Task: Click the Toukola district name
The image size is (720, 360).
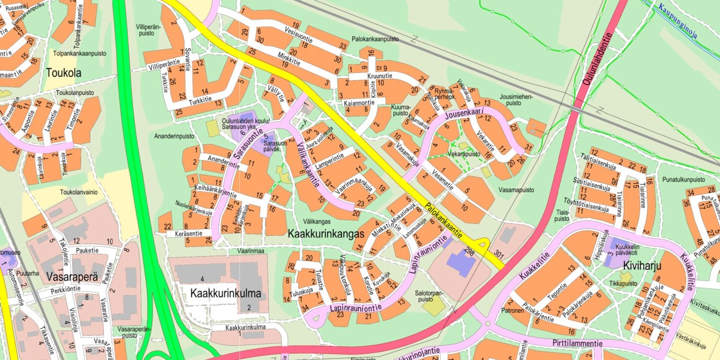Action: pyautogui.click(x=63, y=73)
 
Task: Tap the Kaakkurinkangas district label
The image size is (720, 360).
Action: pyautogui.click(x=325, y=233)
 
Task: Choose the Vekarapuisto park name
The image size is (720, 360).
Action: pyautogui.click(x=464, y=153)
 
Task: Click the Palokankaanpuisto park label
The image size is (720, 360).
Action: pyautogui.click(x=375, y=39)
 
